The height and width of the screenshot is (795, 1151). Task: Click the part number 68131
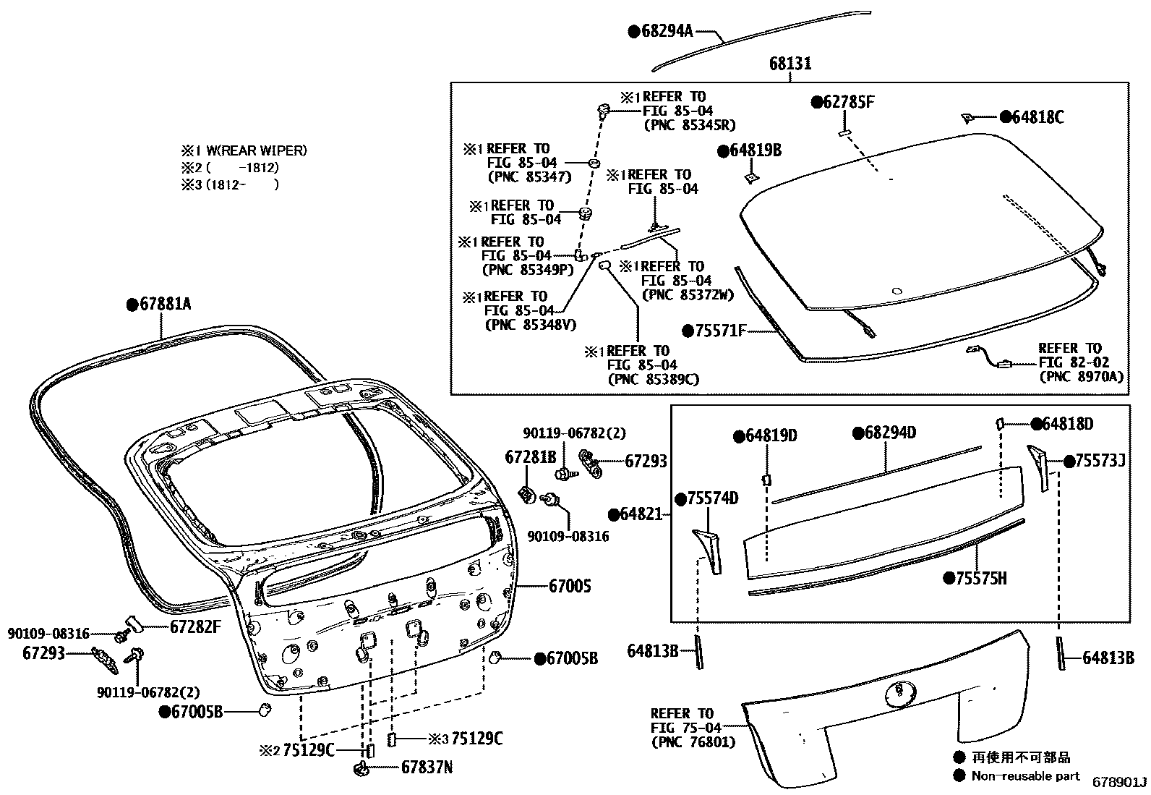tap(790, 64)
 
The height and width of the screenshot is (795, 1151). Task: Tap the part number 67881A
tap(165, 305)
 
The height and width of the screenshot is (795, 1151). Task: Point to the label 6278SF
tap(849, 102)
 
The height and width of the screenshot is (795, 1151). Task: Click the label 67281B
tap(530, 457)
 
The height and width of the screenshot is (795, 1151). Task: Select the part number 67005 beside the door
tap(570, 586)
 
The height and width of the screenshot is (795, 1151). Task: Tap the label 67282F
tap(195, 626)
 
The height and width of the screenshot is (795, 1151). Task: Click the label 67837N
tap(427, 768)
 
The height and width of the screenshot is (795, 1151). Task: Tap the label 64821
tap(641, 514)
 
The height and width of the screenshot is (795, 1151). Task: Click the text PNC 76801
tap(692, 741)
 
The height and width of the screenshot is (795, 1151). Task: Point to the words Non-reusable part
tap(1025, 776)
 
